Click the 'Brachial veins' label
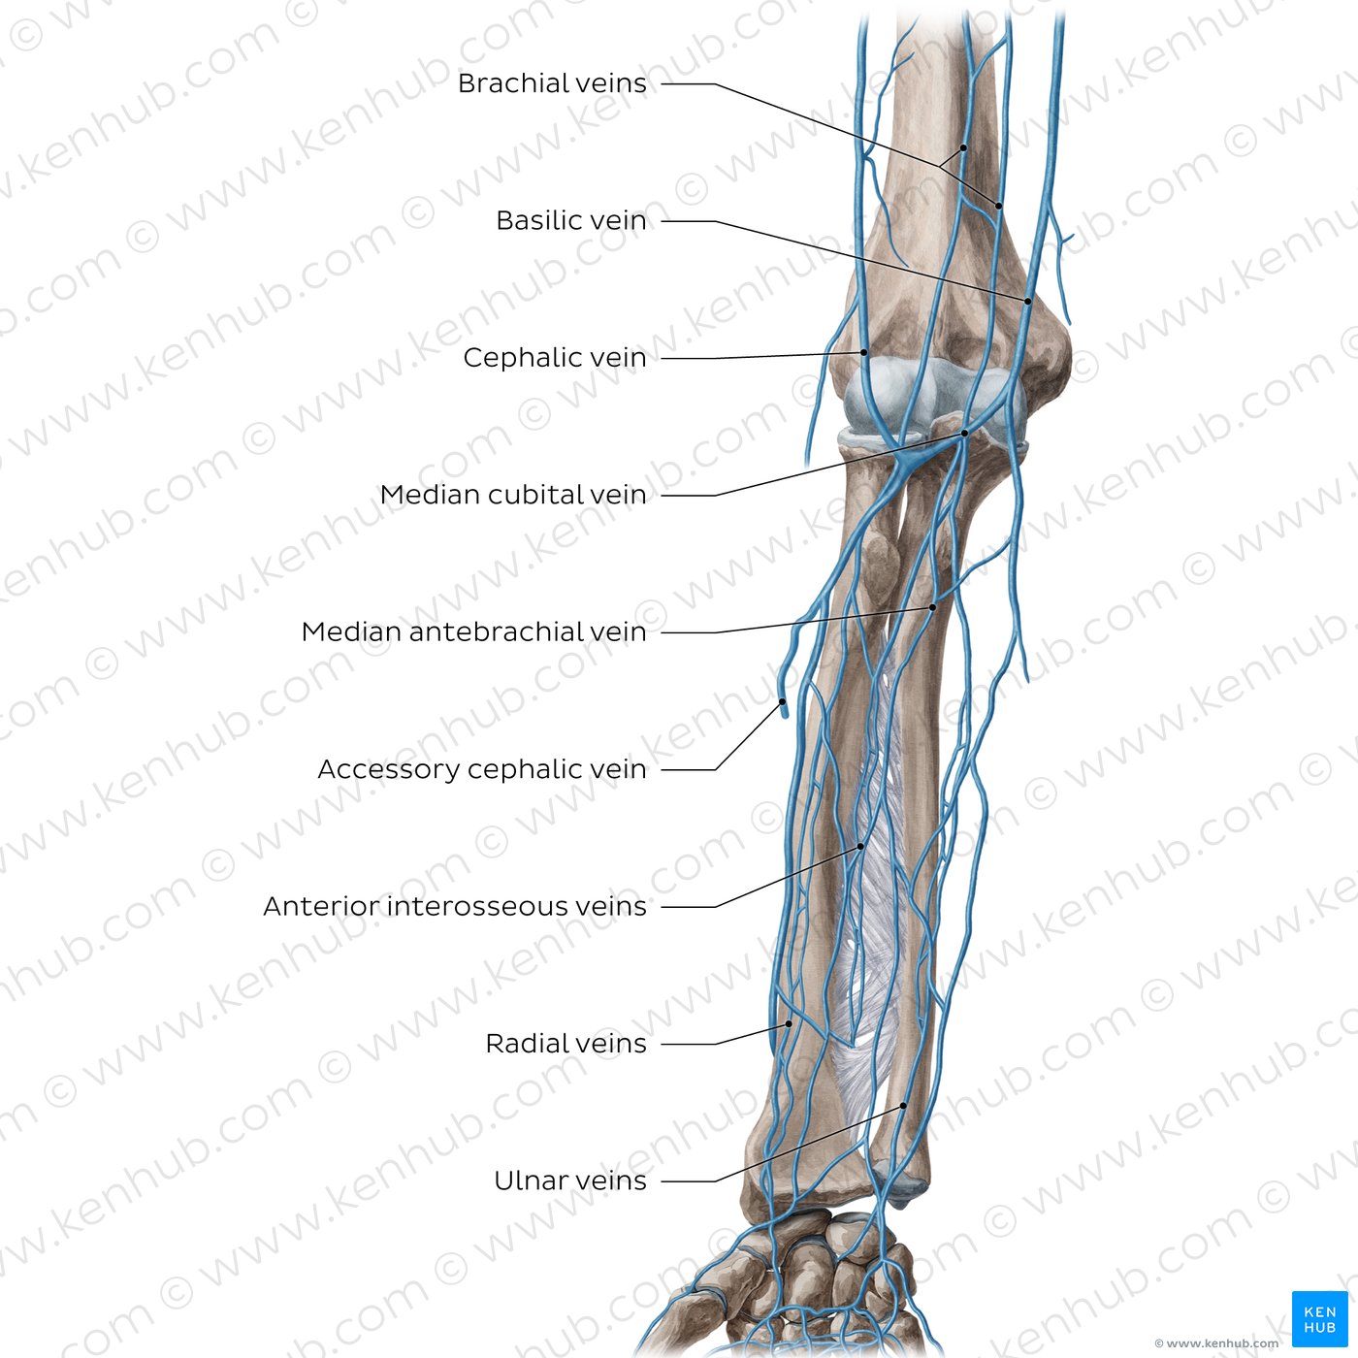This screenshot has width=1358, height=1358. pos(552,83)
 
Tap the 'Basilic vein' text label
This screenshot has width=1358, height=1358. pos(570,220)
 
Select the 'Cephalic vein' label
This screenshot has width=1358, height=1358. pos(555,357)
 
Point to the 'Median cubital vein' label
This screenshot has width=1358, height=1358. pos(513,495)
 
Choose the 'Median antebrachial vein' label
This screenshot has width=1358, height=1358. pos(473,631)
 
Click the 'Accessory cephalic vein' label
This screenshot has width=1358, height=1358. pos(482,769)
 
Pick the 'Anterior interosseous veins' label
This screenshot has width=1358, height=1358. pos(455,906)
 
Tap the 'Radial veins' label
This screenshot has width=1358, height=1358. pos(566,1043)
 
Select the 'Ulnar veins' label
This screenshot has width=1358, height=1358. pos(570,1180)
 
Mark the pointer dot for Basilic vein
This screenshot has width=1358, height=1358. pos(1027,301)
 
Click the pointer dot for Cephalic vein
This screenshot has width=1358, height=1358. pos(864,352)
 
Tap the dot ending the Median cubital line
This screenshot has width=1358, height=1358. pos(965,434)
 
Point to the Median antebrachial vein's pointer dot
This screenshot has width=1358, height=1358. pos(933,607)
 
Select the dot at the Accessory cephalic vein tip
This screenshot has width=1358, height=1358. pos(782,702)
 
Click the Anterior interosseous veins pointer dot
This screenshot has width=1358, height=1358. pos(861,847)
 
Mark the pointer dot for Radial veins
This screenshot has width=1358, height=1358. pos(790,1024)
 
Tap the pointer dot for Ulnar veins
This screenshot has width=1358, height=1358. pos(903,1106)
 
